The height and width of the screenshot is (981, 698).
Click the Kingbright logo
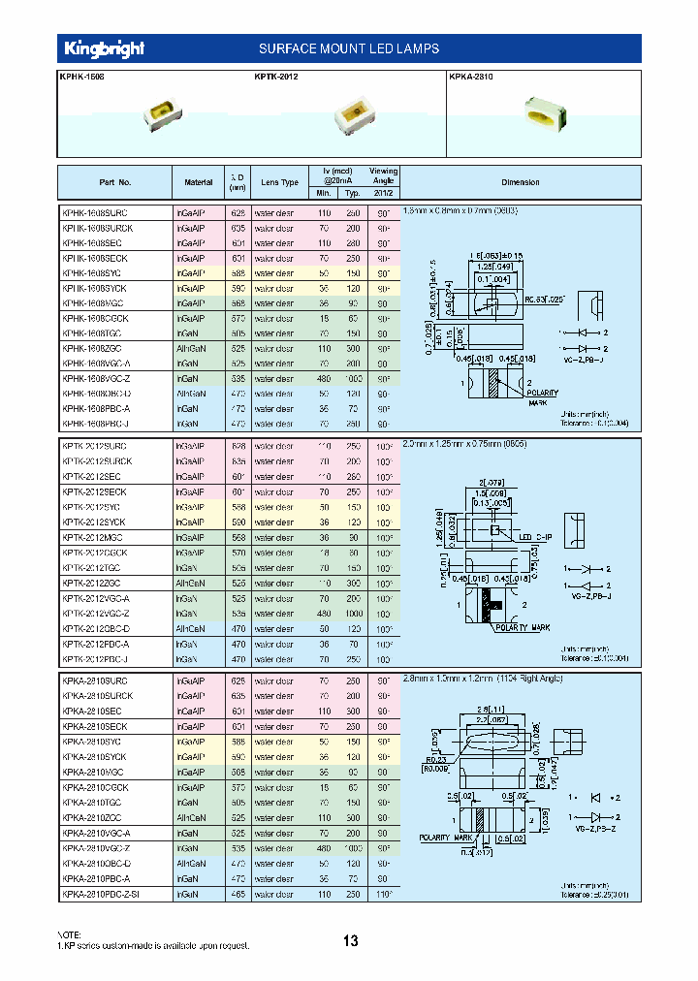coord(104,48)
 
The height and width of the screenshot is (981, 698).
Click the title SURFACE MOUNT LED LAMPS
coord(349,48)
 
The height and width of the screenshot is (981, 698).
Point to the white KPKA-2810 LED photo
coord(549,112)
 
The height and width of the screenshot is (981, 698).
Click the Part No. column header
coord(114,182)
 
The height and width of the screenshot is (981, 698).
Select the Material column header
coord(198,182)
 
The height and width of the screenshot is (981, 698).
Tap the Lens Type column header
coord(279,182)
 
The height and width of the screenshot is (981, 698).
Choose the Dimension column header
coord(520,182)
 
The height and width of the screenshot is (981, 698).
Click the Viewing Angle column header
coord(383,175)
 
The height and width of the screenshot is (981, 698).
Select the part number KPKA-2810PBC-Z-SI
coord(101,895)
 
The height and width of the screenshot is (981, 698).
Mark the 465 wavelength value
coord(238,895)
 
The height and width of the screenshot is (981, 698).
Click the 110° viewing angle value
coord(383,895)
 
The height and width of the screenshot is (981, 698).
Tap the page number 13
coord(350,940)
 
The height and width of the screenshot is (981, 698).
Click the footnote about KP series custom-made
coord(154,944)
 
